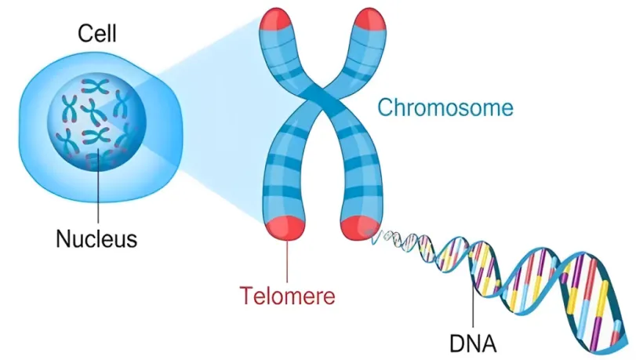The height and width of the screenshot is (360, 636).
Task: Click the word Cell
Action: coord(96,34)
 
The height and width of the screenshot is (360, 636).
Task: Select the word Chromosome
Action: coord(445,107)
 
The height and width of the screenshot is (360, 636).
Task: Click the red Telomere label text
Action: coord(287,296)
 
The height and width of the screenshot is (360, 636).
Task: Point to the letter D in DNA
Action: coord(456,343)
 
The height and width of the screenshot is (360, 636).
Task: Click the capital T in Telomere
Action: coord(245,296)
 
